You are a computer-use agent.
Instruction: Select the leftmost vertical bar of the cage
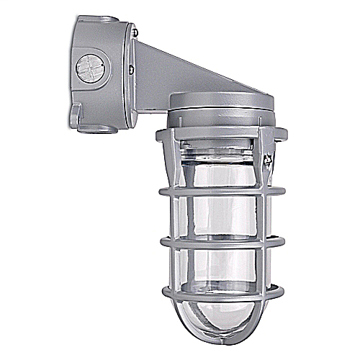click(166, 216)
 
